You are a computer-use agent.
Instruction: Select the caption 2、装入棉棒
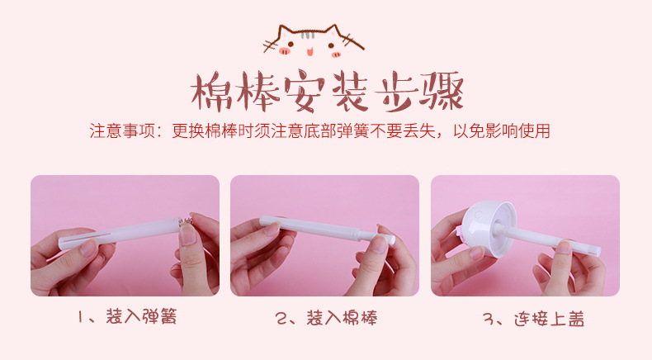tap(326, 317)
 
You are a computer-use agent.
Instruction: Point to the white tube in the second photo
tap(318, 228)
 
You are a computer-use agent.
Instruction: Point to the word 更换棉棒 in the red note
tap(202, 131)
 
